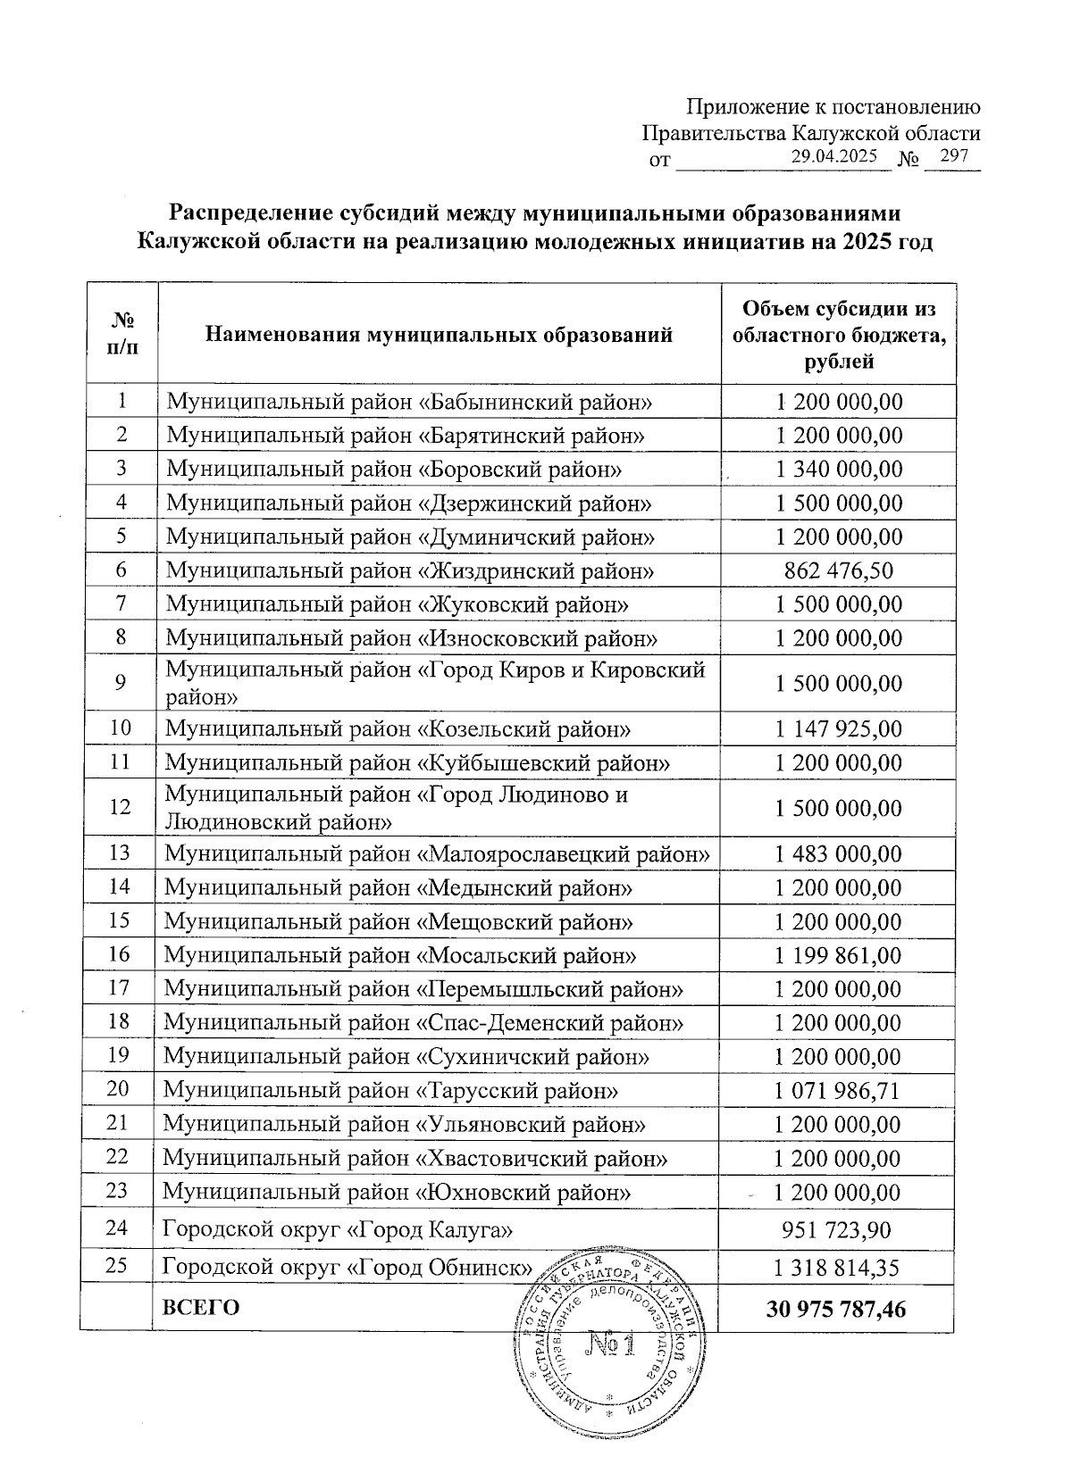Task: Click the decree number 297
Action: click(954, 156)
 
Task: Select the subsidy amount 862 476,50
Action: click(838, 570)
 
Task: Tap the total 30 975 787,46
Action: click(836, 1309)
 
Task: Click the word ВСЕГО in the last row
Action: click(201, 1308)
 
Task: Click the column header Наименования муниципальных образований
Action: click(439, 336)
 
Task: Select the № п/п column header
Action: click(122, 334)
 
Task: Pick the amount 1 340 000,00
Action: click(838, 470)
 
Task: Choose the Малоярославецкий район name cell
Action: click(438, 854)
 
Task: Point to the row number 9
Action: click(120, 683)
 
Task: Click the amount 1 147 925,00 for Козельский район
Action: click(838, 729)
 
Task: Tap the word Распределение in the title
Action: click(251, 214)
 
